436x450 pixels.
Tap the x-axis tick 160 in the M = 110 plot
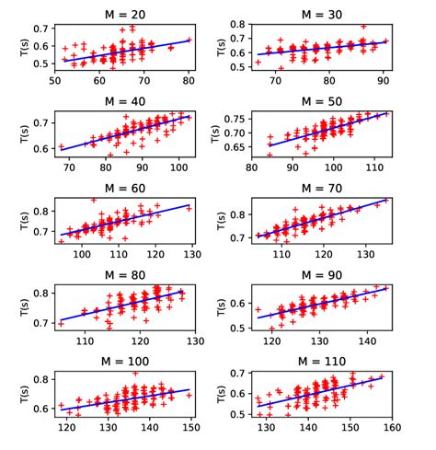[390, 428]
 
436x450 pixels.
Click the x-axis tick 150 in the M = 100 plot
[191, 428]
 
